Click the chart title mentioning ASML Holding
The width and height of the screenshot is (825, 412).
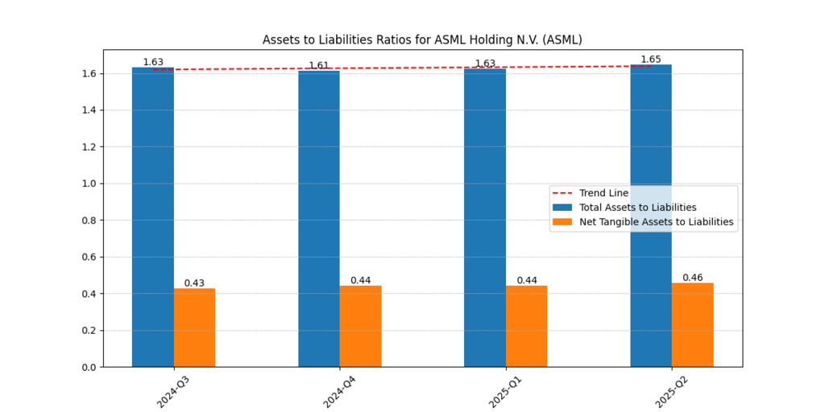click(x=422, y=39)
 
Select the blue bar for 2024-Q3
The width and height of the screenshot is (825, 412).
click(x=153, y=217)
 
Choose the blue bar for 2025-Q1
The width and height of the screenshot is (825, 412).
click(x=485, y=217)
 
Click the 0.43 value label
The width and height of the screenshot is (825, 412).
click(x=194, y=283)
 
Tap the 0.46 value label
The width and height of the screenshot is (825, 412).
click(x=693, y=278)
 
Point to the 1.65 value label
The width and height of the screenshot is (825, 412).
click(x=651, y=60)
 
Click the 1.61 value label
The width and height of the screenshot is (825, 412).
click(x=319, y=66)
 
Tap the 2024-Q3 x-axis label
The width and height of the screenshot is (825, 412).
click(x=173, y=390)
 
